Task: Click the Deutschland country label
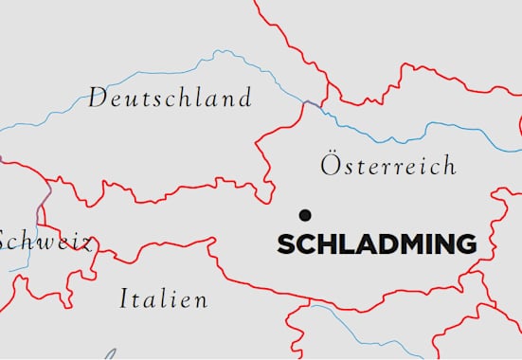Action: [x=171, y=98]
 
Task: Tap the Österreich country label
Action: [x=388, y=166]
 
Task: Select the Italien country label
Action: [x=164, y=300]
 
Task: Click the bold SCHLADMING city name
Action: [x=376, y=244]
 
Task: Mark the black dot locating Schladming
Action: [x=304, y=215]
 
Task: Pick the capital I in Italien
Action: [x=124, y=300]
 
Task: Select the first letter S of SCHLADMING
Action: [x=285, y=244]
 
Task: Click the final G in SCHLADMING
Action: [x=464, y=244]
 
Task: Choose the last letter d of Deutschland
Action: [x=245, y=98]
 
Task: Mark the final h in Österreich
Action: [x=449, y=166]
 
